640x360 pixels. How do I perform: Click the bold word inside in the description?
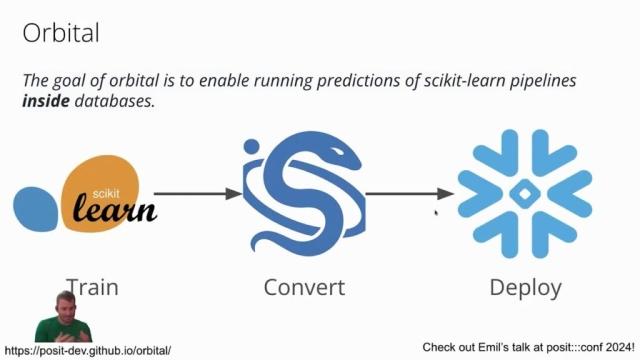[46, 102]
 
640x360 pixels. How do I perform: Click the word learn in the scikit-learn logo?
[115, 209]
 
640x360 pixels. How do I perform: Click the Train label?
[92, 288]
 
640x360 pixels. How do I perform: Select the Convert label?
[304, 288]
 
